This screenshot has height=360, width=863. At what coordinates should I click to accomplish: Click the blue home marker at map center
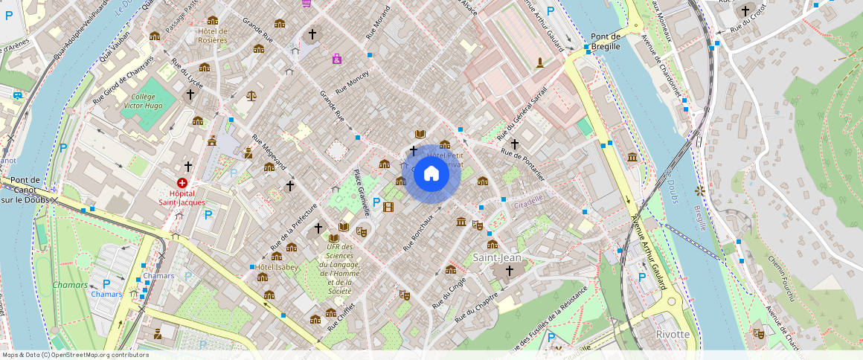[431, 174]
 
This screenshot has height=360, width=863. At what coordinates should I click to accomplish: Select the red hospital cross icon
[182, 182]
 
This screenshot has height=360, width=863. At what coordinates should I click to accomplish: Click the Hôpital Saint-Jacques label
[182, 197]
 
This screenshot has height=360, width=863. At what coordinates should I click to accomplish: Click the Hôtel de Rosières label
[212, 35]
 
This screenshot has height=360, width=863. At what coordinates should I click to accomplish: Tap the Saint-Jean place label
[498, 257]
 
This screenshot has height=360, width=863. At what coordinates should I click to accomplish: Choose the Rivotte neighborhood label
[673, 334]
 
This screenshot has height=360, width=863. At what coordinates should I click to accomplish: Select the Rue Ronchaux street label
[418, 232]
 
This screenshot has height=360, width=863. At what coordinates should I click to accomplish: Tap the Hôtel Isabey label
[277, 267]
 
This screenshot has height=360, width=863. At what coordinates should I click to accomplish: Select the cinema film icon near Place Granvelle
[387, 206]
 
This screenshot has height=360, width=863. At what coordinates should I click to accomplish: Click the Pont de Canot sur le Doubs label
[25, 190]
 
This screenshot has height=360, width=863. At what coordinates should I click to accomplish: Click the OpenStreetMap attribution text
[75, 355]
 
